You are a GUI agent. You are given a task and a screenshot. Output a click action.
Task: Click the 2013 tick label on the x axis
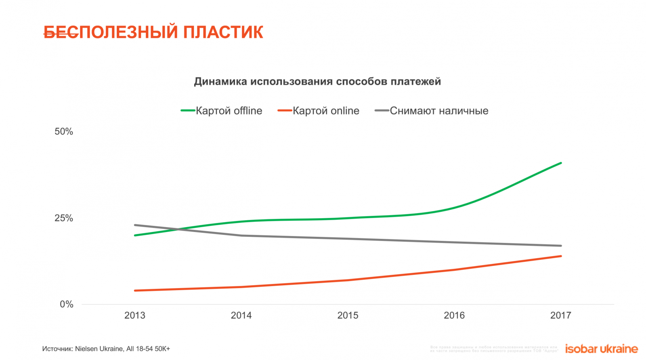[135, 316]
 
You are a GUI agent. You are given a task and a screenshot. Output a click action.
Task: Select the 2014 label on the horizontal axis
[241, 316]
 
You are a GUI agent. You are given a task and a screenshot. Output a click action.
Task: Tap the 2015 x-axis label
[348, 316]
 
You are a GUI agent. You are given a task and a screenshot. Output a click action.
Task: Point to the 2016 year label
[454, 316]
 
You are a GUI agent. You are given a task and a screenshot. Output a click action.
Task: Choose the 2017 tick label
[561, 316]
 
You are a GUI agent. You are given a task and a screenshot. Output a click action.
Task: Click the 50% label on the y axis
[64, 132]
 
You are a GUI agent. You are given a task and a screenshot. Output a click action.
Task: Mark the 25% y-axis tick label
[64, 218]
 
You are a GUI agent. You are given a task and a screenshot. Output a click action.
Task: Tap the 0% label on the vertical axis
[67, 305]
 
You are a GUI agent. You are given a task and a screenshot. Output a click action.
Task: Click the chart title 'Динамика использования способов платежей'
[317, 82]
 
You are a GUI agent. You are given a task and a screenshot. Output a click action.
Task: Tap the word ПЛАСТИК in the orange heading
[223, 32]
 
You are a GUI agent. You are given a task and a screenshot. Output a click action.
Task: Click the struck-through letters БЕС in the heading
[61, 32]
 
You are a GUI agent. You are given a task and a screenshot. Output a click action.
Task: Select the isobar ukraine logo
[601, 349]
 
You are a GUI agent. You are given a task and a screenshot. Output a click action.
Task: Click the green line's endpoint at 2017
[561, 163]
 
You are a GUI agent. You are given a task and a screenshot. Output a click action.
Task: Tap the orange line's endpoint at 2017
[561, 256]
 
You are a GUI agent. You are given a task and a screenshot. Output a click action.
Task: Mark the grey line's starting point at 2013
[135, 225]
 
